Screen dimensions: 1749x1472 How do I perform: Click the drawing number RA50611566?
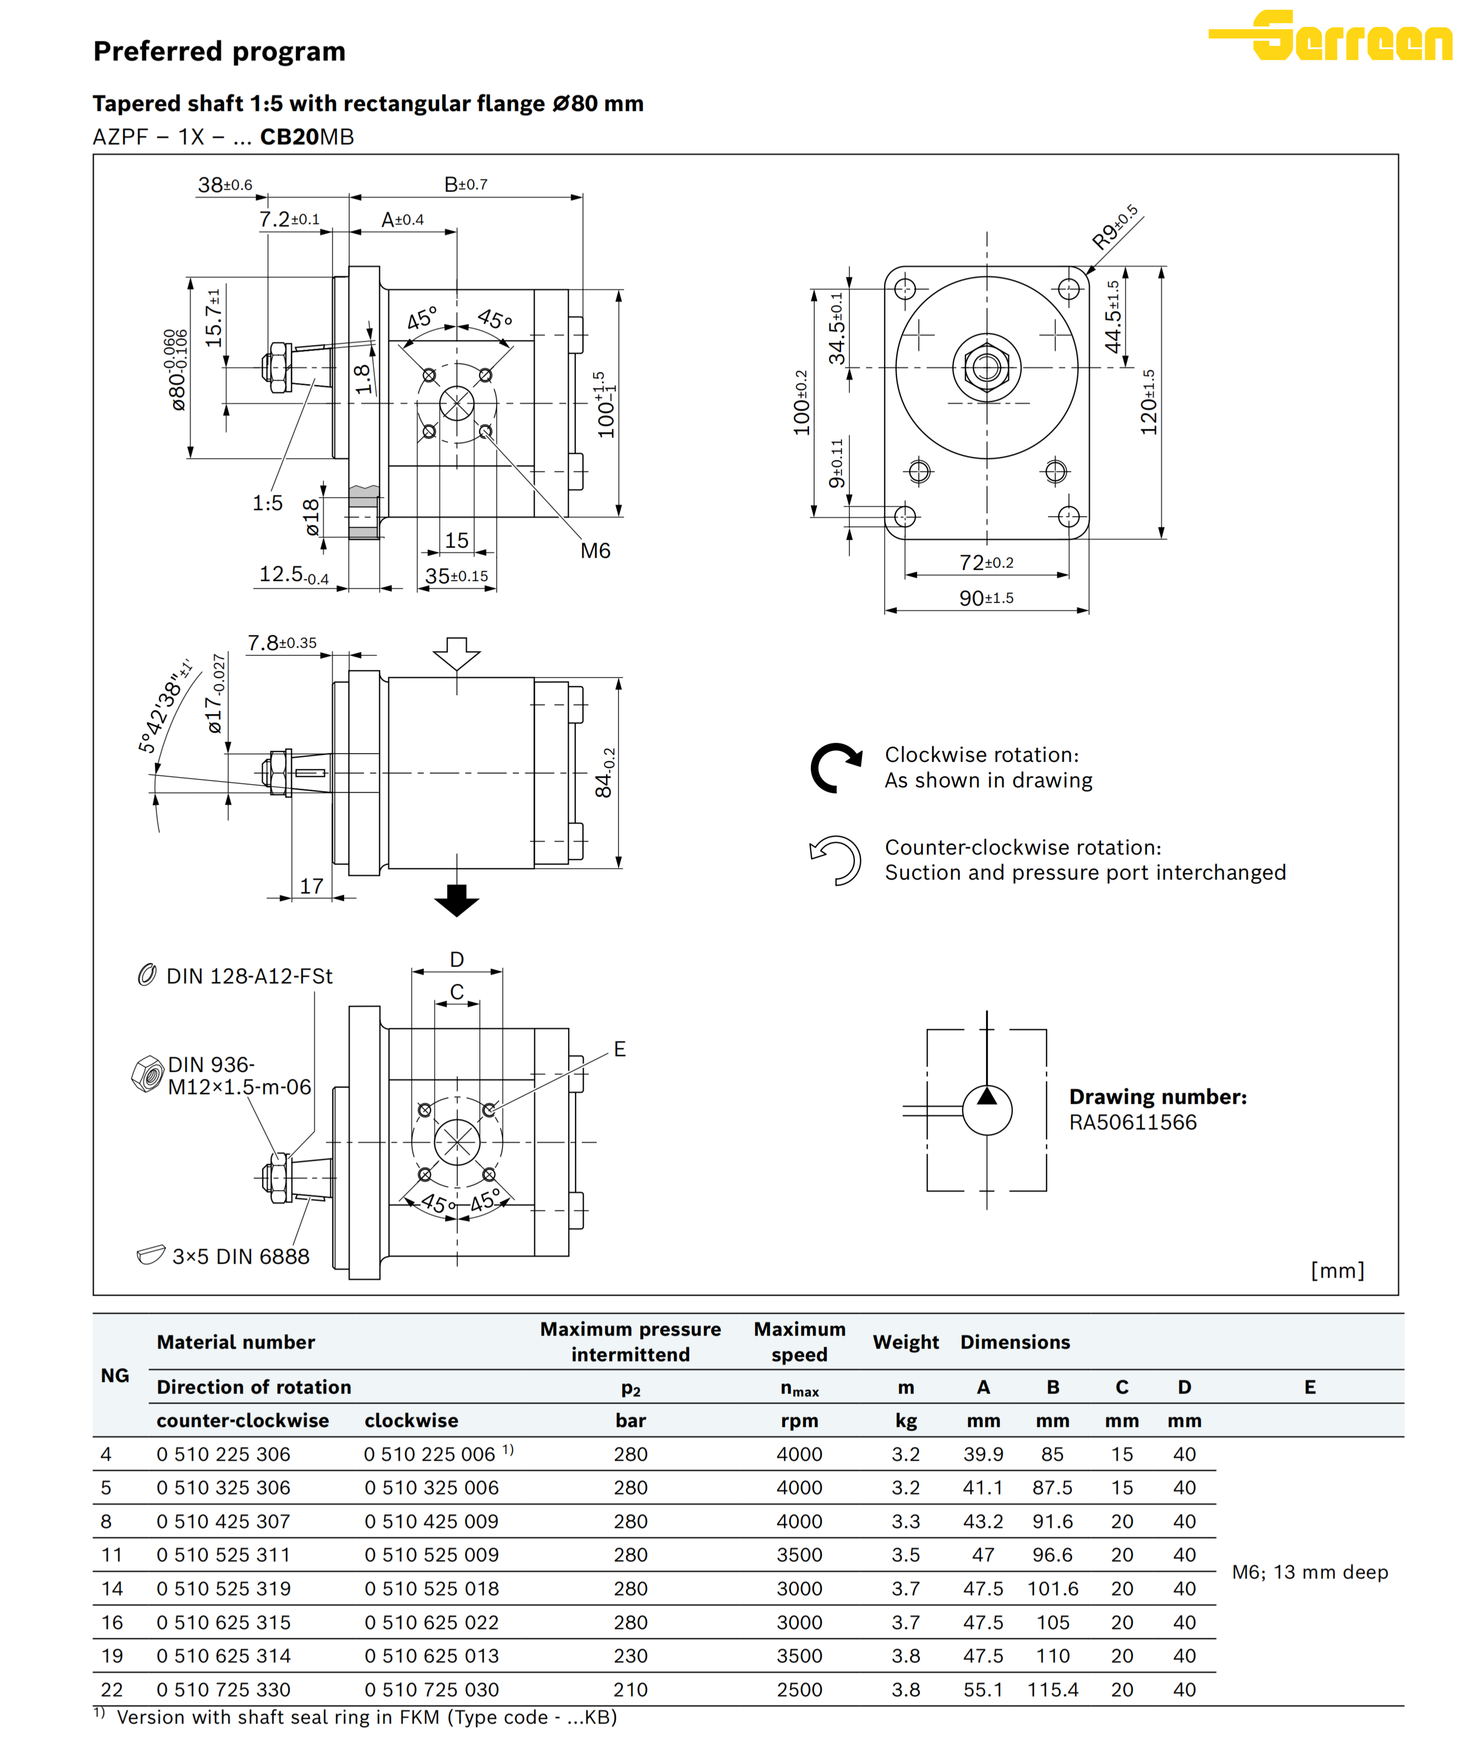tap(1132, 1122)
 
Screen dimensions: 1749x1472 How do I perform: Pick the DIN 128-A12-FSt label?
tap(249, 977)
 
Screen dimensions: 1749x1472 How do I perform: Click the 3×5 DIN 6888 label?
tap(240, 1257)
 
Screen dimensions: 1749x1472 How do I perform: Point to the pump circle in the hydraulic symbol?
tap(987, 1110)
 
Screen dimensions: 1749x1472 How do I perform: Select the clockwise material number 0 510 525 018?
tap(432, 1589)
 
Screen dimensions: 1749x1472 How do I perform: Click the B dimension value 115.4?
tap(1052, 1690)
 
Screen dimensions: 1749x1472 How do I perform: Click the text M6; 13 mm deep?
tap(1309, 1572)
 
